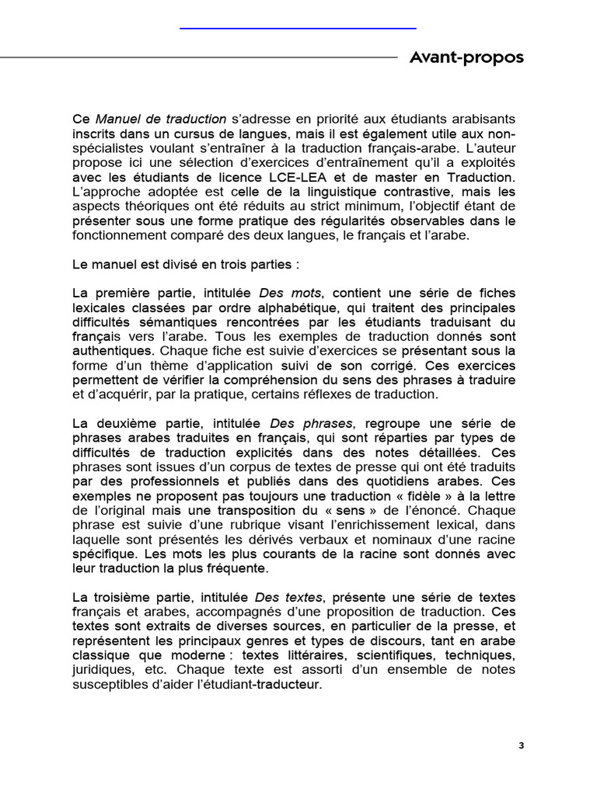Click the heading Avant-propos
(466, 57)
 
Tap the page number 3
(522, 746)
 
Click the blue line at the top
(298, 28)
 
